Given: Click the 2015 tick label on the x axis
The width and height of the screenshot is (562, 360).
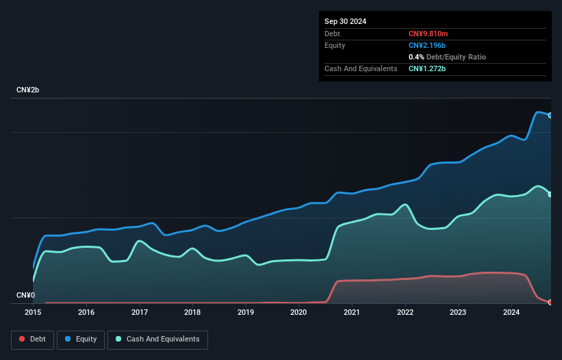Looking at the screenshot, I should pyautogui.click(x=33, y=312).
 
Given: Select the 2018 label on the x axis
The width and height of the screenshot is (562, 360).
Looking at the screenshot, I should pyautogui.click(x=192, y=312).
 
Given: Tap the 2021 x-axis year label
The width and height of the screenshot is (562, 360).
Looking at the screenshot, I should pyautogui.click(x=352, y=312).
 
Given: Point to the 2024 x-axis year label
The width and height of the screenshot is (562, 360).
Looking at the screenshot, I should pyautogui.click(x=511, y=312).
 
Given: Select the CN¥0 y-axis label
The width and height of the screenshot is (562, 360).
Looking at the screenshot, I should pyautogui.click(x=25, y=296).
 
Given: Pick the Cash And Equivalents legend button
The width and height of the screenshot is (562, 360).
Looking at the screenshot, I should pyautogui.click(x=157, y=339).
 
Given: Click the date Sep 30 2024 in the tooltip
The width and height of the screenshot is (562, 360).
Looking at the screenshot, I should pyautogui.click(x=345, y=21).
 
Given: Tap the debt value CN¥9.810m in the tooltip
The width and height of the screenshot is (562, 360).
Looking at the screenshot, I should pyautogui.click(x=429, y=34).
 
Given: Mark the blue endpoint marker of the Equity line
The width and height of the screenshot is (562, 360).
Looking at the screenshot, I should pyautogui.click(x=550, y=115).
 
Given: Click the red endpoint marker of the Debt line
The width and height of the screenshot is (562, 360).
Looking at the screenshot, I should pyautogui.click(x=550, y=302).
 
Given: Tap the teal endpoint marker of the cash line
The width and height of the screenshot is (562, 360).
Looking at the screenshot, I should pyautogui.click(x=550, y=194).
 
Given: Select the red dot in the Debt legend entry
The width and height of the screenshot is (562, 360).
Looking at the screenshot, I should pyautogui.click(x=22, y=339).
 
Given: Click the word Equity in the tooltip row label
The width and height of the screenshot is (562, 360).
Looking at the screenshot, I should pyautogui.click(x=335, y=45).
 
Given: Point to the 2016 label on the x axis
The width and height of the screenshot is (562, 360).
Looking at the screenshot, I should pyautogui.click(x=86, y=312).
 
